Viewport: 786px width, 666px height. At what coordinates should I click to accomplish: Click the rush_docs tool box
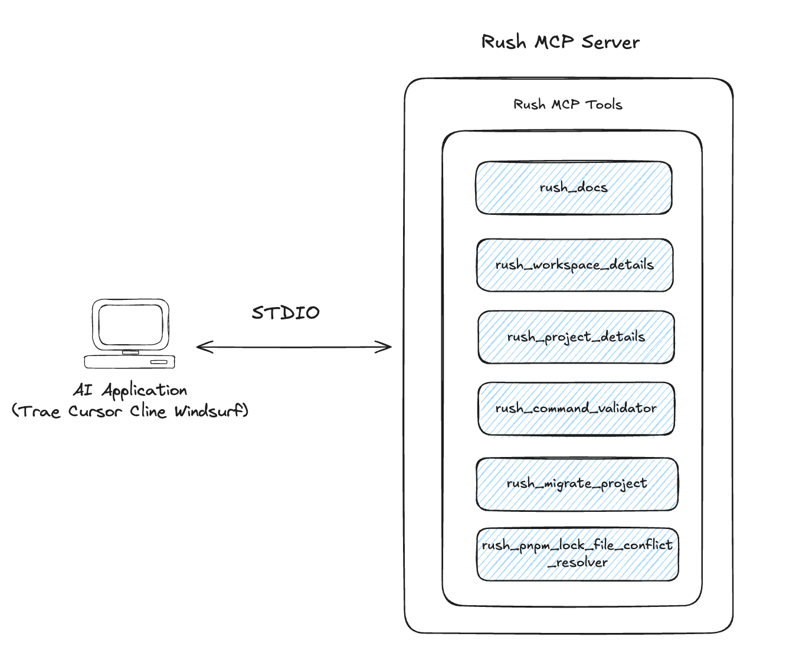tap(574, 188)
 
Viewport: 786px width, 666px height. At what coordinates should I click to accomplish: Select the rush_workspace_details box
tap(574, 265)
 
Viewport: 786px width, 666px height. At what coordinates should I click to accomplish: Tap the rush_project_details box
tap(575, 337)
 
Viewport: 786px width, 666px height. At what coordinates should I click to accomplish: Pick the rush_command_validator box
tap(575, 409)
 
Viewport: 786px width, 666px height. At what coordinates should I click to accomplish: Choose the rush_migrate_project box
tap(577, 484)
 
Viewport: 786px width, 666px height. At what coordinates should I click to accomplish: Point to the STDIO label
tap(286, 312)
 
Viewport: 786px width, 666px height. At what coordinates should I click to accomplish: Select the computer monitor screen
tap(130, 325)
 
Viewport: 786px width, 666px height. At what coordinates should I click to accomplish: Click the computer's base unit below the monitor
tap(130, 361)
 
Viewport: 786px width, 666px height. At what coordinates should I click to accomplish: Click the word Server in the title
tap(610, 42)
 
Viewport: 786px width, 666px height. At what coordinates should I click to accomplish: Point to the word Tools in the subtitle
tap(604, 105)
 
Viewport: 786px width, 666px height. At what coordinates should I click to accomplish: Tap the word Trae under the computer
tap(40, 411)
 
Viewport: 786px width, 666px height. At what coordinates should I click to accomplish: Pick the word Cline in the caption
tap(148, 411)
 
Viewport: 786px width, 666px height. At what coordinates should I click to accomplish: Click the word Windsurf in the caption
tap(209, 411)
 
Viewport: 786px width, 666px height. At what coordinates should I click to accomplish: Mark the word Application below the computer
tap(145, 391)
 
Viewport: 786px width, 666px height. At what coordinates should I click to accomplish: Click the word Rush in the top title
tap(503, 42)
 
